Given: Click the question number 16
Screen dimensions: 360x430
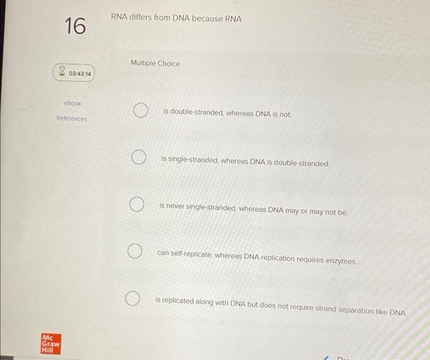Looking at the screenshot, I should tap(75, 26).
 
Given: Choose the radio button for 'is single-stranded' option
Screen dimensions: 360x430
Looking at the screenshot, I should tap(138, 158).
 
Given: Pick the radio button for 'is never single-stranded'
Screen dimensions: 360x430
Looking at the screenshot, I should tap(136, 204).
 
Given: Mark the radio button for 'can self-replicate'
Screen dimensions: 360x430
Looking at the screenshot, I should tap(135, 251).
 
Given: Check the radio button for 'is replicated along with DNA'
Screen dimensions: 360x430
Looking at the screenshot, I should tap(131, 299).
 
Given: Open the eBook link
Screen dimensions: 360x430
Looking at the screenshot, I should tap(72, 104).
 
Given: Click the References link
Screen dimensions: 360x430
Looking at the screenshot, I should tap(72, 119).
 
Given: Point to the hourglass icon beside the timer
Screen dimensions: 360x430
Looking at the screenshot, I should tap(62, 73).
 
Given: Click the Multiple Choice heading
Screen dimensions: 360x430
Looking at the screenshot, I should tap(155, 63).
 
